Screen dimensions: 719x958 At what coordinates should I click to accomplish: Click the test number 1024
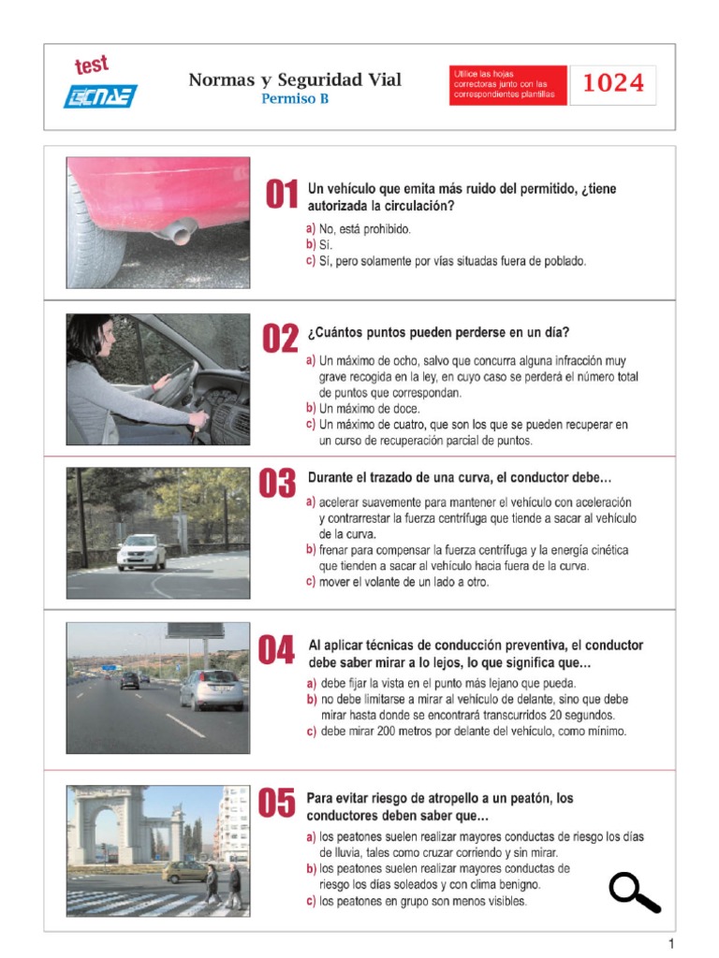(613, 83)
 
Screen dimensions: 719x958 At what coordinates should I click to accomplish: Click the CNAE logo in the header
(100, 96)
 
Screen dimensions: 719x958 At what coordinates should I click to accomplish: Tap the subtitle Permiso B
(295, 98)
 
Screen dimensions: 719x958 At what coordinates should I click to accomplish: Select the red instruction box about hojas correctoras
(507, 85)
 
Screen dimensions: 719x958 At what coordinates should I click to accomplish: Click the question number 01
(282, 194)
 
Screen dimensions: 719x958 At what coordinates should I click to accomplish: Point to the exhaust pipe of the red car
(176, 232)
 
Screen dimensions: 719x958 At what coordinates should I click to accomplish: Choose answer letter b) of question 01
(311, 245)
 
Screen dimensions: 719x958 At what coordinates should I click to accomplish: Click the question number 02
(280, 338)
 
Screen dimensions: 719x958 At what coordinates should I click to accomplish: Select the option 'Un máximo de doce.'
(369, 409)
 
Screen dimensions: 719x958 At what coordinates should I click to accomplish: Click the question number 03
(277, 484)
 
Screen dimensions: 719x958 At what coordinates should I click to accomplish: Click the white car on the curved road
(141, 552)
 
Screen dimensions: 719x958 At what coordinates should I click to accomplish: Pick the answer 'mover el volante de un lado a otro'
(404, 582)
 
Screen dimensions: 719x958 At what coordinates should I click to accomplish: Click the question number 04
(276, 649)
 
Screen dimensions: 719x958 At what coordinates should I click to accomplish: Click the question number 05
(276, 802)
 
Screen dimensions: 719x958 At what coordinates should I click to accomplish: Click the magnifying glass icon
(634, 893)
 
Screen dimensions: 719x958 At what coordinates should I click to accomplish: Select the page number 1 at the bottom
(670, 944)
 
